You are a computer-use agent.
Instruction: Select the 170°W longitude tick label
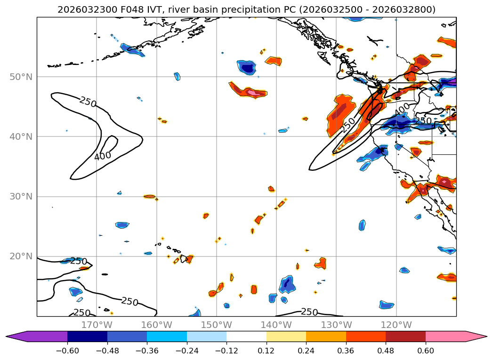click(x=97, y=325)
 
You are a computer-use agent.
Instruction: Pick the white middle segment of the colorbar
click(x=246, y=336)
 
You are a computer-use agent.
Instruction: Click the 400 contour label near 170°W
click(x=102, y=156)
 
